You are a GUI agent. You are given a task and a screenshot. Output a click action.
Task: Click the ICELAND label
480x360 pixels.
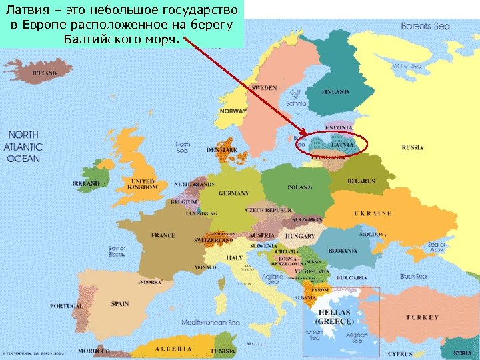(x=45, y=73)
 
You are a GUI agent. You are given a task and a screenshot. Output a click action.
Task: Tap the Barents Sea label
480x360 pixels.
(x=425, y=27)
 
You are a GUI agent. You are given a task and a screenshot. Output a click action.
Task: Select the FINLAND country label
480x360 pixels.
(x=335, y=91)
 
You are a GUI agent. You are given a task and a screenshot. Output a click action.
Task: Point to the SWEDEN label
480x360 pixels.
(x=264, y=88)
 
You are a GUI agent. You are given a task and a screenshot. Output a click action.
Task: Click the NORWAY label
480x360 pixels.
(x=233, y=111)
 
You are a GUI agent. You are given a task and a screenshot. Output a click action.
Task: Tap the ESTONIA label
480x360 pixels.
(x=339, y=127)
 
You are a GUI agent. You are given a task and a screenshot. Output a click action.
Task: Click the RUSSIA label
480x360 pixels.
(x=413, y=147)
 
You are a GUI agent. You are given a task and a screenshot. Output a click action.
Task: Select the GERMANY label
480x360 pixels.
(x=233, y=193)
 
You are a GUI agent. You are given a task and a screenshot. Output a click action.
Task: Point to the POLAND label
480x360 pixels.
(x=300, y=187)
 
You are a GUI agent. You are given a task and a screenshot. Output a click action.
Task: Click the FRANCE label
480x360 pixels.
(x=163, y=235)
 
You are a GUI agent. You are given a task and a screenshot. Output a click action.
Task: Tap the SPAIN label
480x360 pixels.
(x=120, y=304)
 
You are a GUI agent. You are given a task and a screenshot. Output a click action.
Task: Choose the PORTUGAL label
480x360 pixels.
(x=66, y=306)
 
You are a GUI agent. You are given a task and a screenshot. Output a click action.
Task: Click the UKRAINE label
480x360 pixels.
(x=372, y=213)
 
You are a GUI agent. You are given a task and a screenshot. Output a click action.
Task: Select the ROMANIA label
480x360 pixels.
(x=343, y=251)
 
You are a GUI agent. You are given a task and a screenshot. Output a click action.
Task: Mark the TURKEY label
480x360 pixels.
(x=423, y=317)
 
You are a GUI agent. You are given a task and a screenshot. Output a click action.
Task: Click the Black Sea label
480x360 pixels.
(x=413, y=276)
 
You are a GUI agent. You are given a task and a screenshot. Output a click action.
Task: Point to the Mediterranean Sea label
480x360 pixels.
(x=211, y=323)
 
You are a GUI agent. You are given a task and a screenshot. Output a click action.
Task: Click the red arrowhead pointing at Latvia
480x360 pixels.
(x=304, y=136)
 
